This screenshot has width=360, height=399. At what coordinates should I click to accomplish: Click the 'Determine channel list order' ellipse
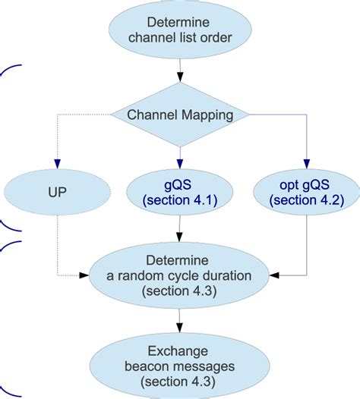[180, 28]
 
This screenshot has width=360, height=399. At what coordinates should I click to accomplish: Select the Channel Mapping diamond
[180, 115]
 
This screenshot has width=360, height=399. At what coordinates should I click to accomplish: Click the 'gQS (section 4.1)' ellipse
[180, 193]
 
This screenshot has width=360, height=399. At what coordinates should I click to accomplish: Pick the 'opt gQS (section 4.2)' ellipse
[305, 193]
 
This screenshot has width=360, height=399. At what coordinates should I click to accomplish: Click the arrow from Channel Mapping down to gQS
[180, 156]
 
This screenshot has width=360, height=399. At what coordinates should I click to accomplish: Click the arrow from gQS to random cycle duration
[180, 230]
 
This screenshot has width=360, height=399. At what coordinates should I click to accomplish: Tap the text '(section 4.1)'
[180, 200]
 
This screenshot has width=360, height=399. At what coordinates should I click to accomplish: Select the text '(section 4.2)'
[305, 200]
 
